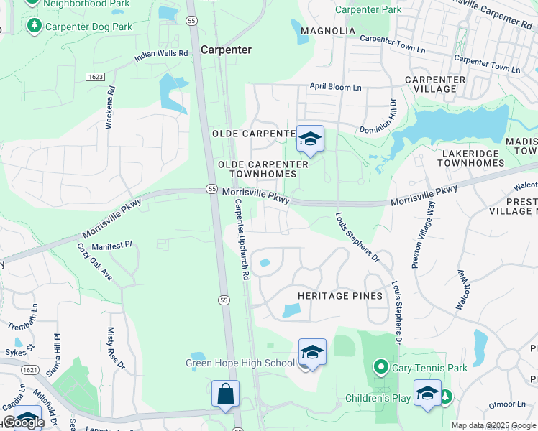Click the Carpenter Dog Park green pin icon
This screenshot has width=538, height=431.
click(x=34, y=27)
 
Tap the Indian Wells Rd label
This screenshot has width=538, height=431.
click(x=161, y=53)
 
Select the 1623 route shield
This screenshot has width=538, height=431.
click(x=94, y=76)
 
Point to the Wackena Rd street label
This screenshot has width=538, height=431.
click(x=111, y=108)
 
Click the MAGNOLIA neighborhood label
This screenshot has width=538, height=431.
click(x=328, y=31)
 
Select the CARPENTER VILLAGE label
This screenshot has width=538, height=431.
click(x=431, y=84)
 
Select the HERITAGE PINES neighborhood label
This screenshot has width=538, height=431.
click(x=337, y=296)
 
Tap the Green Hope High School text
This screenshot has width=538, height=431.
click(x=240, y=363)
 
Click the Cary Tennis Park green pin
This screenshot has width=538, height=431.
click(x=381, y=368)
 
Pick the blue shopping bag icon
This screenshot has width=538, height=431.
click(x=225, y=394)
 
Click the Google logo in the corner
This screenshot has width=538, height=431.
click(x=23, y=422)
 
